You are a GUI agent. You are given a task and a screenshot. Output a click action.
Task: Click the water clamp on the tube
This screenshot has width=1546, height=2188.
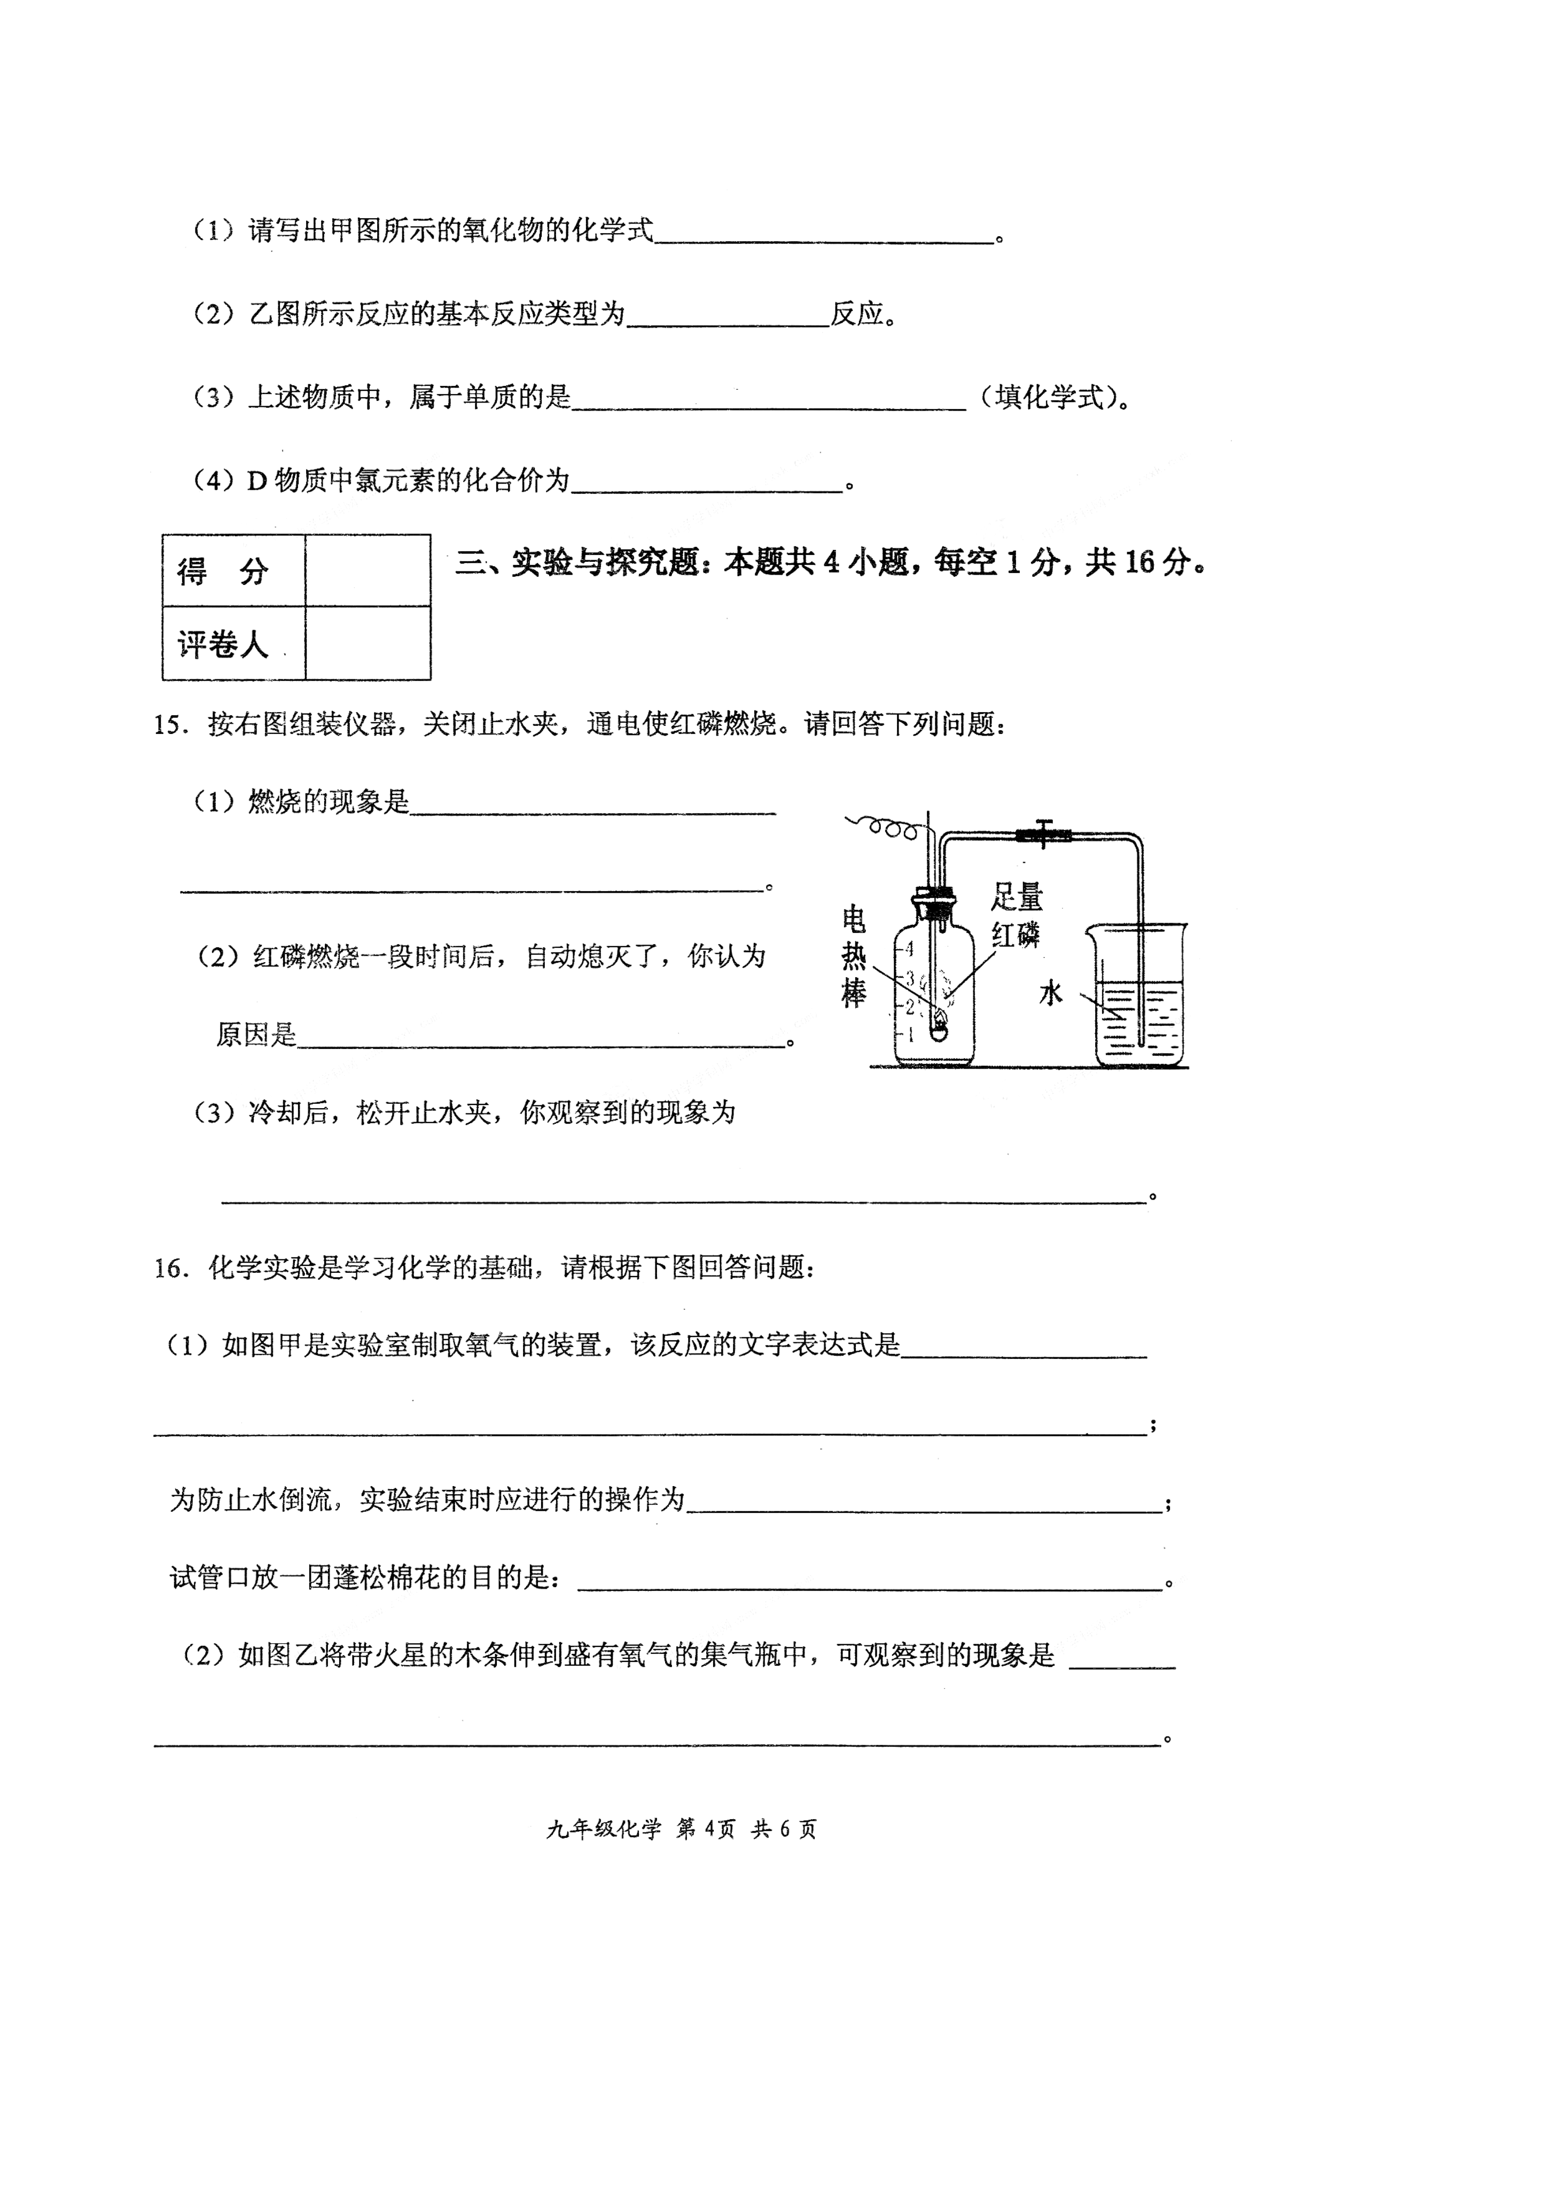pyautogui.click(x=1043, y=835)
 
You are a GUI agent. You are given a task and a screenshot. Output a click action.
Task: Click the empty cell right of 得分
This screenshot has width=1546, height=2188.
pyautogui.click(x=368, y=571)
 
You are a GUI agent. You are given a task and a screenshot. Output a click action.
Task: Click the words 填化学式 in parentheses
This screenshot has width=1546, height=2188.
pyautogui.click(x=1048, y=397)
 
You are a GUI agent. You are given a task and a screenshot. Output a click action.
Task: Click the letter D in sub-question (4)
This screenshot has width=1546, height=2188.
pyautogui.click(x=256, y=481)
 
